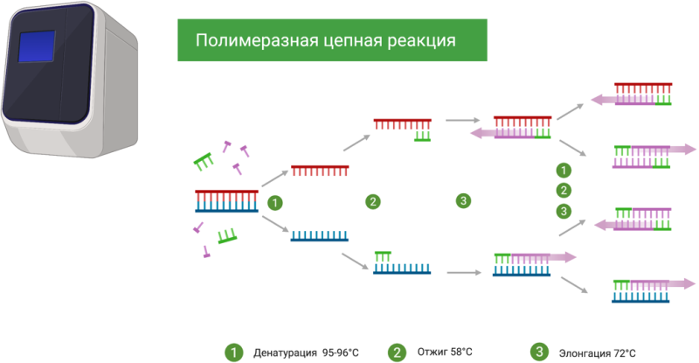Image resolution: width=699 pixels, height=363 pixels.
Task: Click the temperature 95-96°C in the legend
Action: (340, 353)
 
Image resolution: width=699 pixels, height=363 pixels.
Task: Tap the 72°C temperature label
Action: (624, 353)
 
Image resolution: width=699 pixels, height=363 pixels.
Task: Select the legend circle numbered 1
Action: (232, 352)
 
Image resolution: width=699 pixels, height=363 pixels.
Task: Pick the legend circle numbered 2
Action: (398, 352)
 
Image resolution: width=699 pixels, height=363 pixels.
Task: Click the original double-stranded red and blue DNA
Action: (226, 200)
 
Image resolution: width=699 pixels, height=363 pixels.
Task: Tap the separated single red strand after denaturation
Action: (320, 168)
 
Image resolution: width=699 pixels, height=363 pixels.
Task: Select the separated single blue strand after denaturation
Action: (319, 234)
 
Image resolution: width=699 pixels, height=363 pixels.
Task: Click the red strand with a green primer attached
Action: (403, 127)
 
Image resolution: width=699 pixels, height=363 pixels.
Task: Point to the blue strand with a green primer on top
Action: (403, 264)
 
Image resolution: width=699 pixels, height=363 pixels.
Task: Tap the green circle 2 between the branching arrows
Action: (564, 190)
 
